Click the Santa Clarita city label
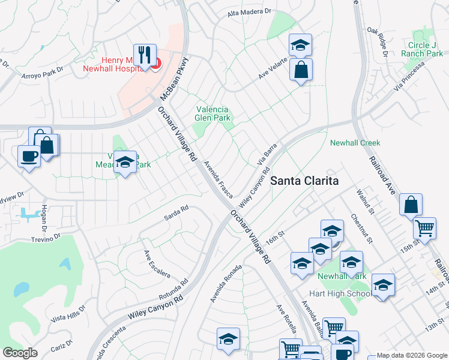pos(304,180)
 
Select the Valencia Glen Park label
pos(212,113)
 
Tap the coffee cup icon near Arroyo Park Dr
pos(29,157)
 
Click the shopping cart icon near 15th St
pos(425,228)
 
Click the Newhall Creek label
pos(355,143)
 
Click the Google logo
pos(20,353)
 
